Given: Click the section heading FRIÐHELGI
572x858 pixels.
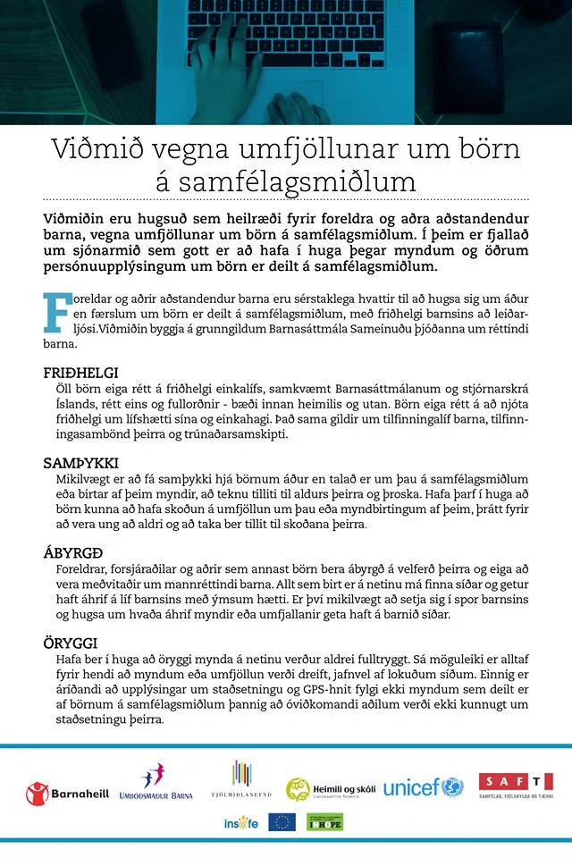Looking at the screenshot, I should click(81, 372).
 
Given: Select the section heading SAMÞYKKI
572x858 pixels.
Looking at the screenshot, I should click(80, 463).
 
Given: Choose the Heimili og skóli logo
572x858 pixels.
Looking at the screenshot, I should click(330, 788).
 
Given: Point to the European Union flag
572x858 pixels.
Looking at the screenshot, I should click(282, 822).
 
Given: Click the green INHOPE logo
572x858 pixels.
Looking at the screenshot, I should click(325, 822).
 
